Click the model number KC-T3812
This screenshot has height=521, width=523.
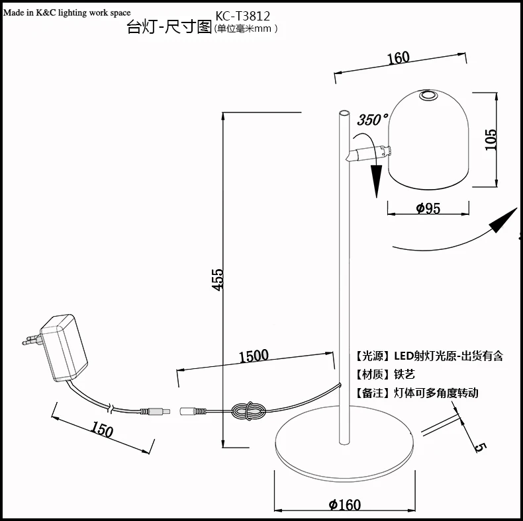point(242,16)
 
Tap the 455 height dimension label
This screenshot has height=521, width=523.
point(218,280)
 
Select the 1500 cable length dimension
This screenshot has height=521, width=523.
point(254,356)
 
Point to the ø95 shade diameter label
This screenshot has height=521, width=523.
point(428,208)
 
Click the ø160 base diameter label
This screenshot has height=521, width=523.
point(344,505)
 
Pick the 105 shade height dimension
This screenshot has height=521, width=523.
point(491,140)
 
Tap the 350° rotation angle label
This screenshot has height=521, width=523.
point(373,119)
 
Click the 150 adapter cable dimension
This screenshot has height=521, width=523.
point(103,429)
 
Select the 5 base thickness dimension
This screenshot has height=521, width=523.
point(480,448)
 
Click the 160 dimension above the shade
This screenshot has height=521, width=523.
point(398,58)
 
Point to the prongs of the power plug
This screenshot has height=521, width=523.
point(32,340)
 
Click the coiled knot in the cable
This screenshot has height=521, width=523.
point(248,411)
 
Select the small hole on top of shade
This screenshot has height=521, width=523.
point(427,95)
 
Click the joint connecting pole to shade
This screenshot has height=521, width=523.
point(369,153)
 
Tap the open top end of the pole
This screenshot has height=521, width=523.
point(344,113)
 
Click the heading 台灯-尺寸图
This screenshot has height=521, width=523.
point(169,26)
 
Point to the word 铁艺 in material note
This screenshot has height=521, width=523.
point(404,374)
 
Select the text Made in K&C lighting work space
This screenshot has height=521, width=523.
point(67,13)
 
